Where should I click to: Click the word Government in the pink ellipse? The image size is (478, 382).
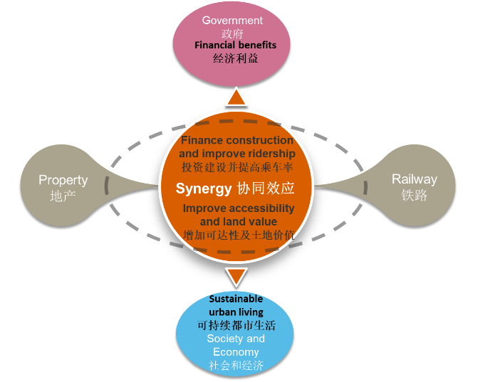coord(232,20)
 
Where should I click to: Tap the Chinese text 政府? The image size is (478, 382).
coord(232,33)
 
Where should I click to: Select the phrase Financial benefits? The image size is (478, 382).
coord(236,46)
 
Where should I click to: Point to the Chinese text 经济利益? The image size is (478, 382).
coord(236,58)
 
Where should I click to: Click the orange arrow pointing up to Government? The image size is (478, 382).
coord(236,97)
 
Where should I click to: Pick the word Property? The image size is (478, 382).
coord(63,181)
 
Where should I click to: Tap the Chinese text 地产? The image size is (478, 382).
coord(63,196)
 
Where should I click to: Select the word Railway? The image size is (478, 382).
coord(414,179)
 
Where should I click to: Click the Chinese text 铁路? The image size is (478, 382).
coord(414,195)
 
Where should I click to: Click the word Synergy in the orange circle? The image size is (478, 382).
coord(204,189)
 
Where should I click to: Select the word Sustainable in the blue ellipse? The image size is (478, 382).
coord(235,299)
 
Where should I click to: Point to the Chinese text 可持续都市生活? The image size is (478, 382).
coord(237,325)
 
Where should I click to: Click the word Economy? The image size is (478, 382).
coord(236,352)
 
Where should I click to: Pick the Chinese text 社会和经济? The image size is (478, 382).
coord(236,366)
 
